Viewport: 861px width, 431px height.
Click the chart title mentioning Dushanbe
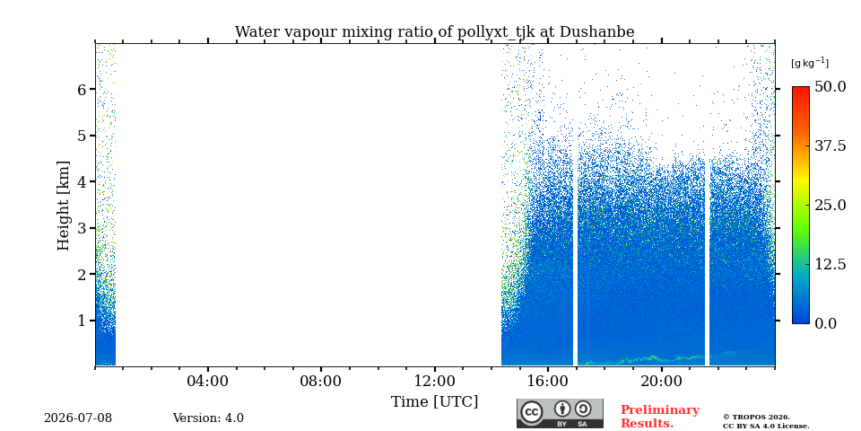(434, 32)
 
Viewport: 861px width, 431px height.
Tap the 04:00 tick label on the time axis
(208, 381)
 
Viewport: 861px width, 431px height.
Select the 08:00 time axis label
(321, 381)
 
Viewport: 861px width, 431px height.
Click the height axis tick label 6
(83, 89)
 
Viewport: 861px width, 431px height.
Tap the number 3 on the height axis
(83, 228)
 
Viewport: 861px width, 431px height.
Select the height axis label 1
(83, 321)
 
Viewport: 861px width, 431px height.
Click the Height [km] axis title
(64, 206)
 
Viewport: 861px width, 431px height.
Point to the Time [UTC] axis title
(434, 402)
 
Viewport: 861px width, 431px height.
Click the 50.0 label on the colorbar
(830, 87)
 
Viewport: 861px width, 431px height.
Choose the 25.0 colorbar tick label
(830, 205)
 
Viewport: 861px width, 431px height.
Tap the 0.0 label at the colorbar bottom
(825, 323)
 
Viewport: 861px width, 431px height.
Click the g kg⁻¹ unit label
(810, 63)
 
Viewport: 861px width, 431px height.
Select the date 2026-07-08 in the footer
(78, 418)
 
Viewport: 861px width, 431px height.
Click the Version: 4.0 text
(208, 418)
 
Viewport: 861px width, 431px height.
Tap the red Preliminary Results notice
(660, 416)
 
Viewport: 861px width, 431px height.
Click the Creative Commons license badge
(560, 413)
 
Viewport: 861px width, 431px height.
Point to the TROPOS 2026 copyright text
(766, 422)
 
